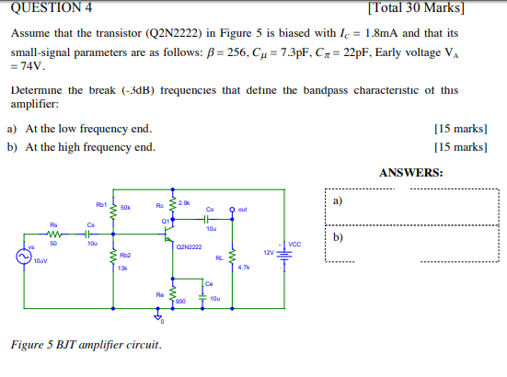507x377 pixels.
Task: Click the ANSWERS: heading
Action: coord(410,172)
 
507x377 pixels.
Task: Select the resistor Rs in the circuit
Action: coord(53,233)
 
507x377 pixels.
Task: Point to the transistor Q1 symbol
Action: coord(169,234)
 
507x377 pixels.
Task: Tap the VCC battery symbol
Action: coord(282,252)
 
